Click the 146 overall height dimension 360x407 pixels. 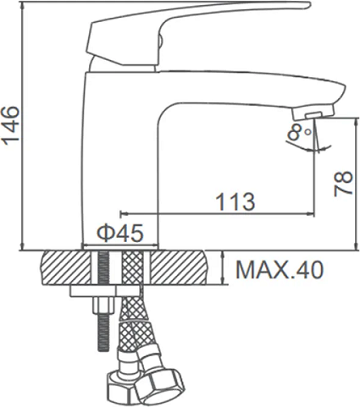(11, 125)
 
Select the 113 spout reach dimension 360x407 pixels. (235, 202)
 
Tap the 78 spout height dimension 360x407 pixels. (343, 184)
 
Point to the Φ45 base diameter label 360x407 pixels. (120, 234)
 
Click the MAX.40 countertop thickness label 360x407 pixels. (280, 270)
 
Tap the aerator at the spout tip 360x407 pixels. (313, 113)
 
